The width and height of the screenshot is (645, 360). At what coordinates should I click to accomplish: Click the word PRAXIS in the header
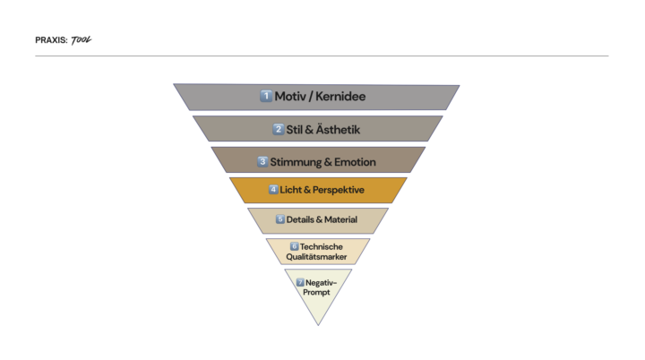pyautogui.click(x=51, y=40)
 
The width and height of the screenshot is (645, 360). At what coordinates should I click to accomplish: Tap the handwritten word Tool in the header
pyautogui.click(x=82, y=39)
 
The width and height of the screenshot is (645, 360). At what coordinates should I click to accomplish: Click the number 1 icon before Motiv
pyautogui.click(x=266, y=96)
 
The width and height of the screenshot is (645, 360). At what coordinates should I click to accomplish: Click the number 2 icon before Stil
pyautogui.click(x=279, y=129)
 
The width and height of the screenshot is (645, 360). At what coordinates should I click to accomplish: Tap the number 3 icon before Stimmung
pyautogui.click(x=262, y=162)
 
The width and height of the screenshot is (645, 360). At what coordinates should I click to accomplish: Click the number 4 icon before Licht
pyautogui.click(x=273, y=190)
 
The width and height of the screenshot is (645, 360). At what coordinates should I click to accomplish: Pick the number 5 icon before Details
pyautogui.click(x=280, y=219)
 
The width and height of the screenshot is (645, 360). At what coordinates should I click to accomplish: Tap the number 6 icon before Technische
pyautogui.click(x=294, y=246)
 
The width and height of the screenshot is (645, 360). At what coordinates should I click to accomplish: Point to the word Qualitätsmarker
pyautogui.click(x=317, y=257)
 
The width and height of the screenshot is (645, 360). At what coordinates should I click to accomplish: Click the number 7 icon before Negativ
pyautogui.click(x=300, y=282)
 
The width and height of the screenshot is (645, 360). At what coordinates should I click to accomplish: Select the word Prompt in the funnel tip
pyautogui.click(x=317, y=292)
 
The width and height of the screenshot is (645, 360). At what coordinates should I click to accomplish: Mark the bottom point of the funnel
pyautogui.click(x=317, y=324)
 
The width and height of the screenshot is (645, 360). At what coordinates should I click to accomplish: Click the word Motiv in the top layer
pyautogui.click(x=292, y=96)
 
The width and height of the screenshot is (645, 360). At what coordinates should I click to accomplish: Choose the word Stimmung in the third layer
pyautogui.click(x=297, y=162)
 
